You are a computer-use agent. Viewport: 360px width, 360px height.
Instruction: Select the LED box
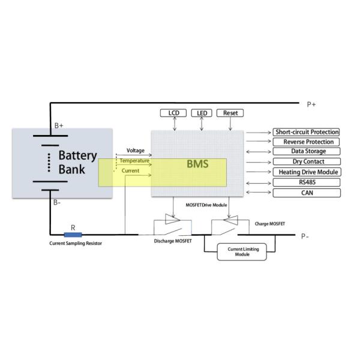(202, 113)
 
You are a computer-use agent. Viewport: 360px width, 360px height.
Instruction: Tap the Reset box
(230, 113)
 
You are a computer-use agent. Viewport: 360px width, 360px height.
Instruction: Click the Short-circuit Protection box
(307, 132)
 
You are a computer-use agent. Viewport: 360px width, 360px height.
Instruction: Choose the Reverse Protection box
(307, 142)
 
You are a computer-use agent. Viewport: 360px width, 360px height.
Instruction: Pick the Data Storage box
(307, 152)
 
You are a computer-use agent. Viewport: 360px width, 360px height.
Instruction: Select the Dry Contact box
(307, 161)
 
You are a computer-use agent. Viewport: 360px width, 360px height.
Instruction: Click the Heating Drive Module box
(307, 172)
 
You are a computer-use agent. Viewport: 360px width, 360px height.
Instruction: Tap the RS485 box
(307, 182)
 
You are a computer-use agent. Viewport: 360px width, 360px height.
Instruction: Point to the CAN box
(307, 193)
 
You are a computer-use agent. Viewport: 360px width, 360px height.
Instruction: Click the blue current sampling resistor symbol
(73, 235)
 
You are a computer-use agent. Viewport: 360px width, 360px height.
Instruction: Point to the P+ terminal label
(311, 104)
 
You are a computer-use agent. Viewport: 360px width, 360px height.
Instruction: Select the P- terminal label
(305, 236)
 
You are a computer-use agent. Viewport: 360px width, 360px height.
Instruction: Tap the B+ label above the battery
(59, 125)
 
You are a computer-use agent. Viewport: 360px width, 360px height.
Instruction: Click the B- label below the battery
(57, 202)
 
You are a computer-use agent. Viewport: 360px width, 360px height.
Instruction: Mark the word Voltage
(135, 150)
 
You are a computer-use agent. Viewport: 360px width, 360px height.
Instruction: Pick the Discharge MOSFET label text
(172, 242)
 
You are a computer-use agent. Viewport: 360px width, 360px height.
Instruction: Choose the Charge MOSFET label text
(269, 224)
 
